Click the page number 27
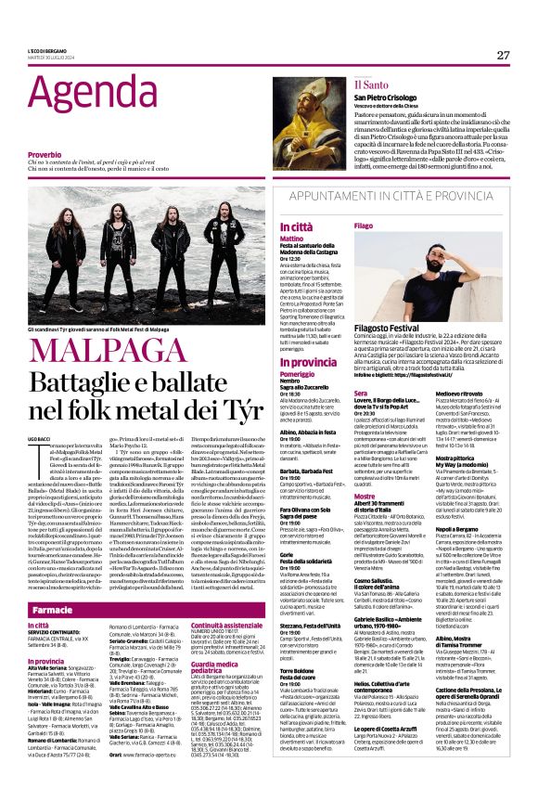503,55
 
